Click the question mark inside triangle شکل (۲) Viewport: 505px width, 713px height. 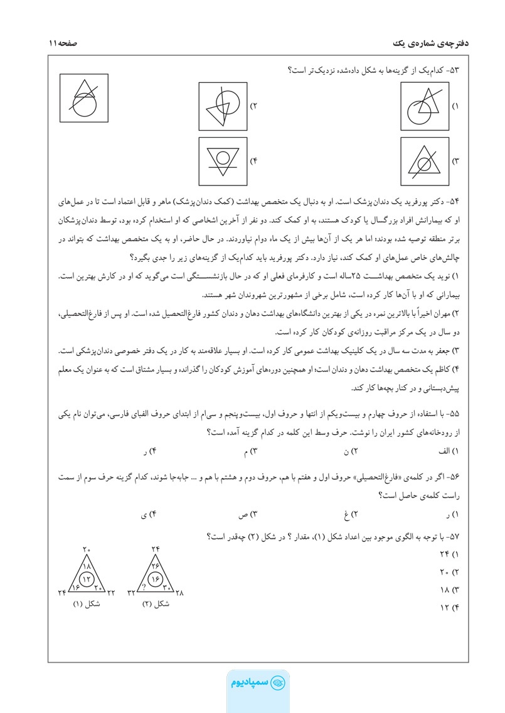(x=144, y=588)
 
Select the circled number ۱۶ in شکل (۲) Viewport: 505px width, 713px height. (x=156, y=578)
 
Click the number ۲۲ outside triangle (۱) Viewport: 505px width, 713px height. (x=111, y=593)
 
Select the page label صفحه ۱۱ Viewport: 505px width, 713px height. (x=61, y=43)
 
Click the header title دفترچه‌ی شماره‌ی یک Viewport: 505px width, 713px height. (x=425, y=43)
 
